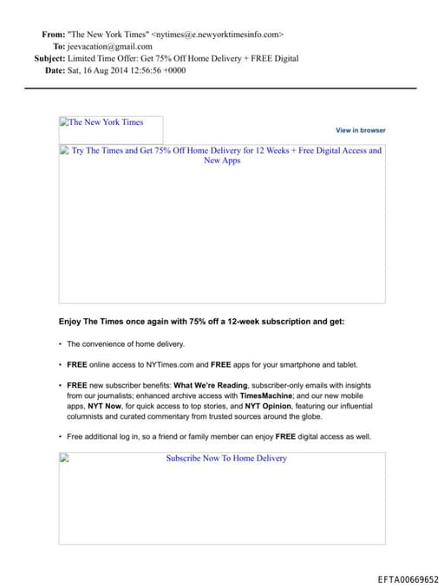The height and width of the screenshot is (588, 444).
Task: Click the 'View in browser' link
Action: [361, 130]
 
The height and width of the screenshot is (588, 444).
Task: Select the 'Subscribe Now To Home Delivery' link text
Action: [226, 458]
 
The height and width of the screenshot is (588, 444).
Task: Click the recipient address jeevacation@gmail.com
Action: [110, 47]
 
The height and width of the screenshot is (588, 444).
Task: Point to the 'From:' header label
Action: [52, 35]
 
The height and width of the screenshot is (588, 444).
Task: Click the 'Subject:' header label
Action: [49, 58]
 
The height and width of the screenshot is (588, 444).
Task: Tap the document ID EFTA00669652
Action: [408, 579]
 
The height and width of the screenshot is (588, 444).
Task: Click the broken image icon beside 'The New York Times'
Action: [64, 122]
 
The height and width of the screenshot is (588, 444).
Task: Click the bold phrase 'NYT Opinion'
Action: [264, 406]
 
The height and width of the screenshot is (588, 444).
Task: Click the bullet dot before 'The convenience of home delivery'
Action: [60, 344]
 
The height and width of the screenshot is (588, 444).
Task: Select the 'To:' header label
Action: [59, 47]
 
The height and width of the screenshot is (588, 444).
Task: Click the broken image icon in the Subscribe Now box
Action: [64, 459]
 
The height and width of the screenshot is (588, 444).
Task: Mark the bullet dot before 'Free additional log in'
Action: [60, 437]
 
